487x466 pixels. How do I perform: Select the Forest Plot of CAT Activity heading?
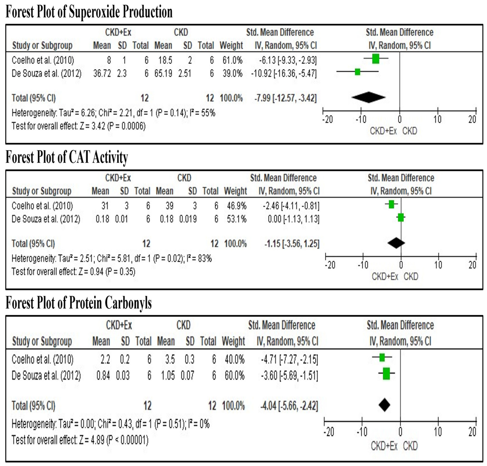[67, 157]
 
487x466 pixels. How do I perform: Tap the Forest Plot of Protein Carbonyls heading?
[79, 303]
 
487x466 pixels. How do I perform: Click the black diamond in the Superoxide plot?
[368, 97]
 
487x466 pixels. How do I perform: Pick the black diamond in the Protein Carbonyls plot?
[384, 405]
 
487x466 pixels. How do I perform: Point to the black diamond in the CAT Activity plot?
[396, 243]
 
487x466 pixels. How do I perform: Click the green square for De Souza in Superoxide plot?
[357, 72]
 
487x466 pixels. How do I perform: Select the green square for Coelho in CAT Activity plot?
[391, 204]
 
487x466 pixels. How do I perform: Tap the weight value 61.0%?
[232, 60]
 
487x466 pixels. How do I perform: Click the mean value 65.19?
[163, 73]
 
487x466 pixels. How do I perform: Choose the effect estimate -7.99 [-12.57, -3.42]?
[285, 98]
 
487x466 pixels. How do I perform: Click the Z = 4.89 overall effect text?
[92, 440]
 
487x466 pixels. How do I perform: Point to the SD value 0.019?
[188, 219]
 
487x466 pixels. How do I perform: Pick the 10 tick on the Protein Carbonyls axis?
[438, 432]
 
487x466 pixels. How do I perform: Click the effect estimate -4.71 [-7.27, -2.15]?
[289, 360]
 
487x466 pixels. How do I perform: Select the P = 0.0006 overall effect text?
[126, 126]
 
